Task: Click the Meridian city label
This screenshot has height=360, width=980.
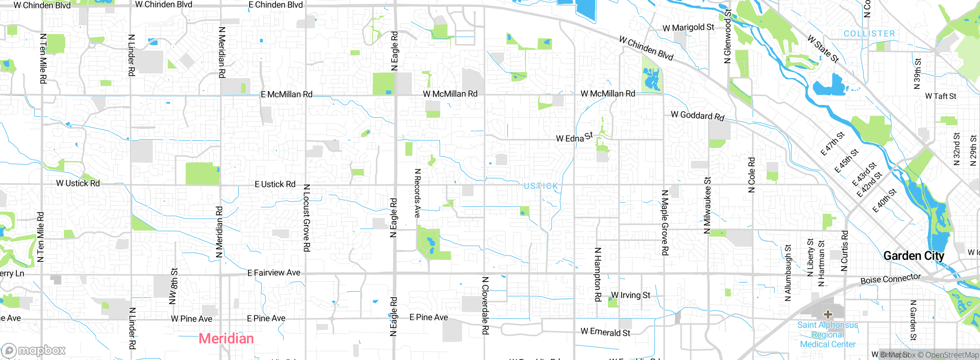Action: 226,339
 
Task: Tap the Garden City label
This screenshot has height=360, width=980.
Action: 913,256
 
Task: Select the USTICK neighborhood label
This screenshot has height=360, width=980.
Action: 541,186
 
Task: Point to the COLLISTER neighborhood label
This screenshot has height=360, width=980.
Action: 869,34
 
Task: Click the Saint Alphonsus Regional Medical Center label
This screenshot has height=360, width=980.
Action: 828,335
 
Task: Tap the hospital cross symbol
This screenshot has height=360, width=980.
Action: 828,314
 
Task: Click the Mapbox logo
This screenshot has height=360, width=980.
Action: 34,350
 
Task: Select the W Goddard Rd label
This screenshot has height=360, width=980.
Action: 697,116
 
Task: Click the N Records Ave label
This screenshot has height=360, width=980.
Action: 418,193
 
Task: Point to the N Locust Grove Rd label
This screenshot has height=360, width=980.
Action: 307,218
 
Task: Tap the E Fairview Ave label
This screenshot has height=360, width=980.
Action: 274,273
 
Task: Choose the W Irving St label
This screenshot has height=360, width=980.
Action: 630,295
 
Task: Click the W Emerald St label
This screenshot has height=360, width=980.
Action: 605,332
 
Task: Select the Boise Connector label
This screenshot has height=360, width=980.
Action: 890,279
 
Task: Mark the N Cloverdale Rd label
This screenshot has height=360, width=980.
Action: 485,306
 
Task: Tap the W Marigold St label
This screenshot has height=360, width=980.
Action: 688,28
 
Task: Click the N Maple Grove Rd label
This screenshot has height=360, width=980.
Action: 665,223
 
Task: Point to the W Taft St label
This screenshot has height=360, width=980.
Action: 941,96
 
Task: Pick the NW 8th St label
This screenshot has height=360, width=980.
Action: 173,286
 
